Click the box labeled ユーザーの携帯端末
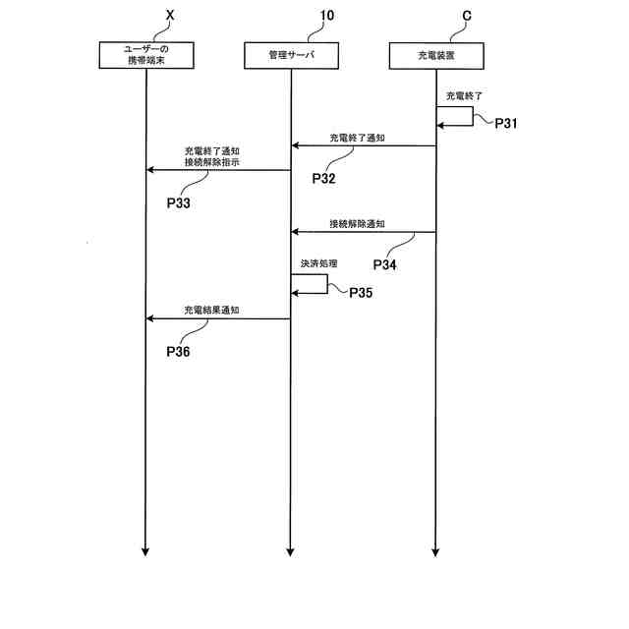point(145,55)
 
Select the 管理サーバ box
point(291,55)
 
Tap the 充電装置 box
point(435,55)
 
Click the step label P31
point(506,124)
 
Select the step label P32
point(324,179)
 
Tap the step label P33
point(178,203)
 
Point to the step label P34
point(386,265)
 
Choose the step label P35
point(361,292)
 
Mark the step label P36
point(178,351)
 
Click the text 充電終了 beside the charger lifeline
point(465,97)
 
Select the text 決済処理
point(320,264)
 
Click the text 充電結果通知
point(212,310)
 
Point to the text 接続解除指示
point(211,162)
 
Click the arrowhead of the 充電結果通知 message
point(150,318)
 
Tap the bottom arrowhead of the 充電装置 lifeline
point(435,552)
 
